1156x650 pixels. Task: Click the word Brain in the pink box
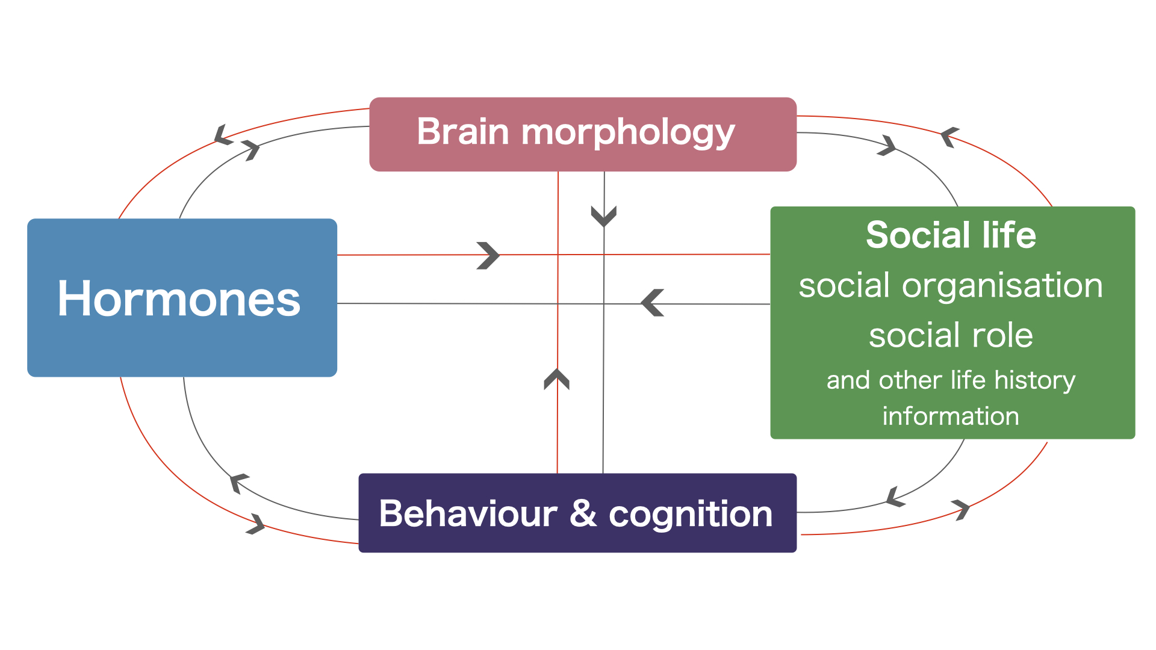click(x=463, y=132)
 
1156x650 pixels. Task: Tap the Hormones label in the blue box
click(x=179, y=299)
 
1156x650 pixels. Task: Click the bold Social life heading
click(x=951, y=235)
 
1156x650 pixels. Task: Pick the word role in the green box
click(x=1002, y=335)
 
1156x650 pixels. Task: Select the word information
click(x=951, y=416)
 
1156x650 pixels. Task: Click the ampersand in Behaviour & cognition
click(x=583, y=514)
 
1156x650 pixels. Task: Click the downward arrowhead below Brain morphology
click(x=604, y=216)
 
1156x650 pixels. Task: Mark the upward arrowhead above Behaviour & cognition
click(x=557, y=379)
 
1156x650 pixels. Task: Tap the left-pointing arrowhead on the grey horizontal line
click(x=652, y=303)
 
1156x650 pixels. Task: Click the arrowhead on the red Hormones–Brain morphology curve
click(x=223, y=135)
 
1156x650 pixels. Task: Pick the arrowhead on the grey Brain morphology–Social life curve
click(x=887, y=146)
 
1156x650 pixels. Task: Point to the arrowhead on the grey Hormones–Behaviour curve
click(x=238, y=482)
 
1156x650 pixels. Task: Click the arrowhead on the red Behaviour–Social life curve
click(x=962, y=509)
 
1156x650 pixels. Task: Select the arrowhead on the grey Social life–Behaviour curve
click(x=895, y=497)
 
